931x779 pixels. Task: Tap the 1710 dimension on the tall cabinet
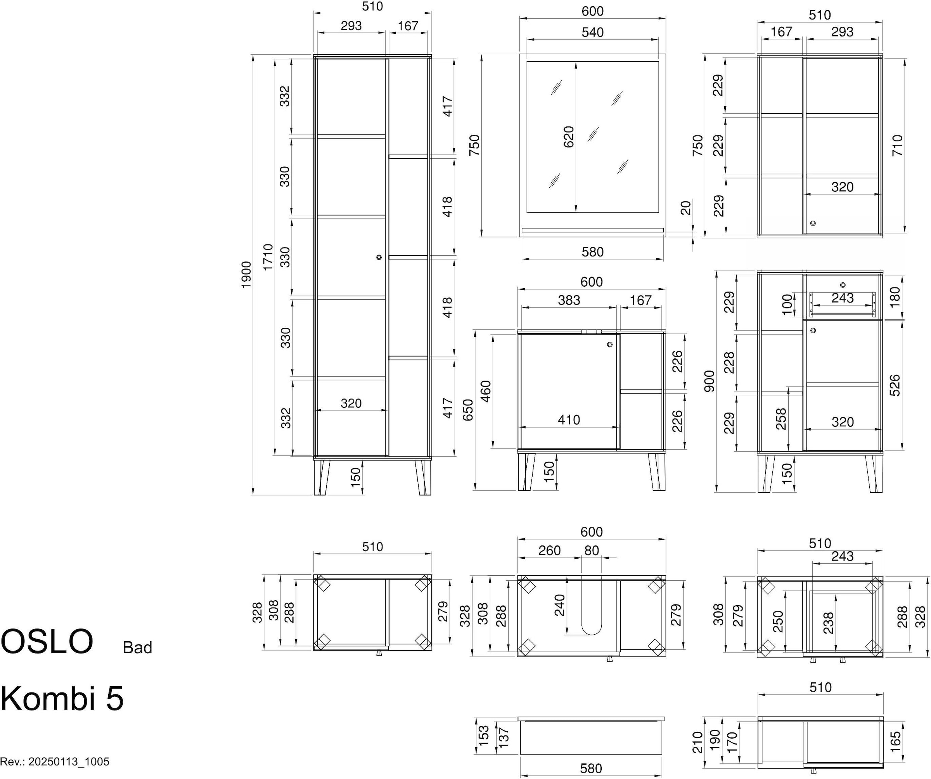click(x=268, y=257)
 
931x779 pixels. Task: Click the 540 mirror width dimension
click(x=592, y=32)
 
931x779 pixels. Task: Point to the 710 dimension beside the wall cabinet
click(x=897, y=145)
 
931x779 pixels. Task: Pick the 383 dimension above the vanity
click(x=569, y=300)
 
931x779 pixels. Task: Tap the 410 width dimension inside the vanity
click(x=569, y=419)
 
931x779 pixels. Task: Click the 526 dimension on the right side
click(x=895, y=385)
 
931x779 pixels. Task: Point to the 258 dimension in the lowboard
click(x=781, y=419)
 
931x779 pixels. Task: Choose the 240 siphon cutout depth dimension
click(x=559, y=605)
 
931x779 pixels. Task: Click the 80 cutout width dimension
click(x=592, y=550)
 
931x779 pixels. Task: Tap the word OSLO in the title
click(x=47, y=641)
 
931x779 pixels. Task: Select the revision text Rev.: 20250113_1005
click(x=55, y=762)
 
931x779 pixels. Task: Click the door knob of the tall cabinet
click(x=379, y=257)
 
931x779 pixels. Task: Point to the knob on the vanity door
click(x=609, y=344)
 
